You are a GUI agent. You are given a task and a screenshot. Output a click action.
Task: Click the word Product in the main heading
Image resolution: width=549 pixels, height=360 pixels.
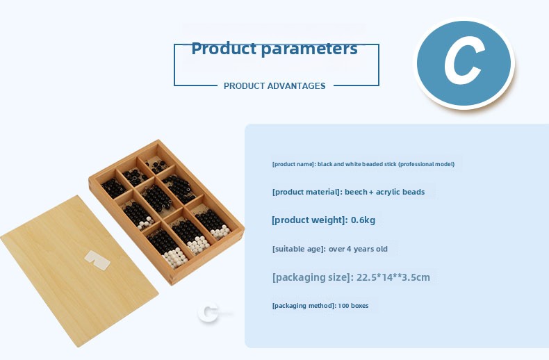pos(224,49)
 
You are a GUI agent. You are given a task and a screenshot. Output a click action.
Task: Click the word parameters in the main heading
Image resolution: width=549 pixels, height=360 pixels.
pos(309,49)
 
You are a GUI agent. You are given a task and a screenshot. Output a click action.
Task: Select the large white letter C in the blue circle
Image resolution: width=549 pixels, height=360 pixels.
pos(464,63)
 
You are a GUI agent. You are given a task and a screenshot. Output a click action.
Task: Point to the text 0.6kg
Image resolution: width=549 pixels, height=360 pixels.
pos(363,220)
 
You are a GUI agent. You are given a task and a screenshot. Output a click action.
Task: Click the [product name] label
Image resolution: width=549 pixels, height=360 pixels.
pos(294,164)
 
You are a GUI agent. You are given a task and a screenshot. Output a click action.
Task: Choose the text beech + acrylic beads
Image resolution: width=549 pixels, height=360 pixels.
pos(384,192)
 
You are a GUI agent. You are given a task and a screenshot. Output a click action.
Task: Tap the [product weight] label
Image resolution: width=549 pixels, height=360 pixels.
pos(309,220)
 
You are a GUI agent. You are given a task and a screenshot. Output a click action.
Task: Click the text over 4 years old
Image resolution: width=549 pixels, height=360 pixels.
pos(358,249)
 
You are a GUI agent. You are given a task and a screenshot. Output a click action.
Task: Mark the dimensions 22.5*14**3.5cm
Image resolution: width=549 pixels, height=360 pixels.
pos(393,277)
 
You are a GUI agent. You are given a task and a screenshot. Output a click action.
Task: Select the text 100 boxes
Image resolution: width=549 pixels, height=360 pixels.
pos(353,306)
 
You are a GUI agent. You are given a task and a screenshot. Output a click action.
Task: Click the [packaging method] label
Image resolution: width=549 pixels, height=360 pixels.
pos(304,306)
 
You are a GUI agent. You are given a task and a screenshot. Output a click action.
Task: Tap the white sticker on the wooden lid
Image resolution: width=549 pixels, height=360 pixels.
pos(97,260)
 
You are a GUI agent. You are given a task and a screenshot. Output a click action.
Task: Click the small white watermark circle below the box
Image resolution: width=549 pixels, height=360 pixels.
pos(208,313)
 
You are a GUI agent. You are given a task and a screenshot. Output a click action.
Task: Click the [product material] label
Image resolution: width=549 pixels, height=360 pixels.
pos(306,193)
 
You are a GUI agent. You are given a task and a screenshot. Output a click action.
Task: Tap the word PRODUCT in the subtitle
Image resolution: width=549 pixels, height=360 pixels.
pos(244,85)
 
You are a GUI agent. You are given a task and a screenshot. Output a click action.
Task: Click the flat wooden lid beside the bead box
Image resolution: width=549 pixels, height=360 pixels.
pos(79,270)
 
